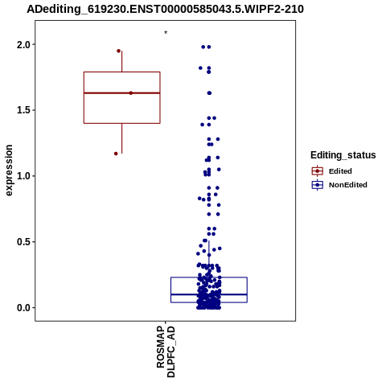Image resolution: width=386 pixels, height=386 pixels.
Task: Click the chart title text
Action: coord(165,10)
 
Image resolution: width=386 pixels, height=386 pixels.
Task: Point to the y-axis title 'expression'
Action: coord(9,170)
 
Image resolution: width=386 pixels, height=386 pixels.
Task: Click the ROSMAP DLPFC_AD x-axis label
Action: coord(166,351)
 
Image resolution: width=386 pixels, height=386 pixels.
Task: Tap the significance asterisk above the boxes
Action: coord(166,33)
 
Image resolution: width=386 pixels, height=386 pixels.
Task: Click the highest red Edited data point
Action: coord(118,51)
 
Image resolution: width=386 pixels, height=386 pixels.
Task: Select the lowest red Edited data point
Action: coord(116,154)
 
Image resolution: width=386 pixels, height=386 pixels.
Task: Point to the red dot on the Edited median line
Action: coord(131,93)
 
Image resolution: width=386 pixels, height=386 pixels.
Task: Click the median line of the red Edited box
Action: coord(122,93)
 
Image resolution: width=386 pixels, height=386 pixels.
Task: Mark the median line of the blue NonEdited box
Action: coord(209,294)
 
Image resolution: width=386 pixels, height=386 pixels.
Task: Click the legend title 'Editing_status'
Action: coord(343,155)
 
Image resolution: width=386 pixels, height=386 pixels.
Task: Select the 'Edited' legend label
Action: coord(340,171)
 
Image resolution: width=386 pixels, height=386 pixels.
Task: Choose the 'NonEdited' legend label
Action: coord(348,185)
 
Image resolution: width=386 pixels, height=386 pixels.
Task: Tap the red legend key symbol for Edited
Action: coord(318,171)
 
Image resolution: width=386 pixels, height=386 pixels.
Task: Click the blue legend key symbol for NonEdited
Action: coord(318,185)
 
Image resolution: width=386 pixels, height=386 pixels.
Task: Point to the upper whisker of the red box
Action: coord(122,61)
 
